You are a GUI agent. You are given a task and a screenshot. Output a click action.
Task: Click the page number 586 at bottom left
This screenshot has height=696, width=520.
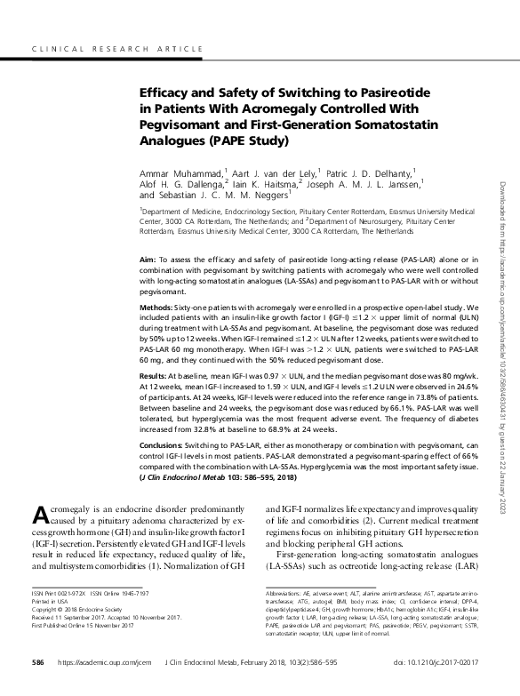coord(37,675)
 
